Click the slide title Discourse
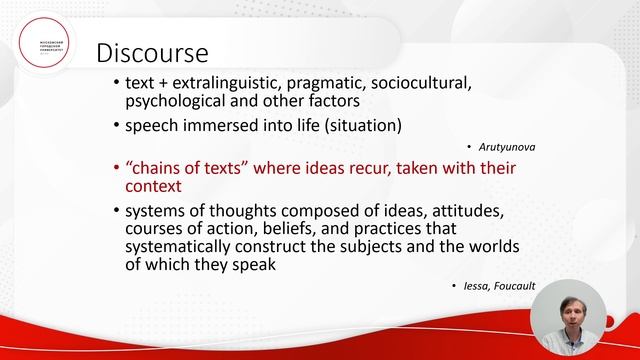[x=151, y=52]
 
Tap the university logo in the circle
[x=48, y=49]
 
